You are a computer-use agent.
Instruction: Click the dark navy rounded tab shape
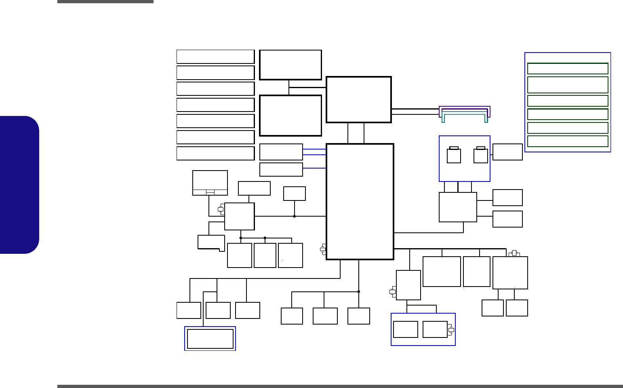(x=19, y=185)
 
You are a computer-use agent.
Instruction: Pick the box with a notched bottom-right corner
(x=211, y=242)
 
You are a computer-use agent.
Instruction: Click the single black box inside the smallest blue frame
(x=210, y=339)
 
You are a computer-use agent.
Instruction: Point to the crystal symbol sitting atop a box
(x=514, y=253)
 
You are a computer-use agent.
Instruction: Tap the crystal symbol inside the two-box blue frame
(x=451, y=330)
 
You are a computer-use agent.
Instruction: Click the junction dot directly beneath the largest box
(x=358, y=291)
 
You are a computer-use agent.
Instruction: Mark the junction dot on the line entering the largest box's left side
(x=294, y=216)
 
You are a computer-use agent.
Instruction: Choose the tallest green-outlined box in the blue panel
(x=568, y=85)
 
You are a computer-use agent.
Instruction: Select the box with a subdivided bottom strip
(x=210, y=183)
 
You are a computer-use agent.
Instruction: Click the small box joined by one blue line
(x=281, y=169)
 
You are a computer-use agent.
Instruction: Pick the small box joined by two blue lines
(x=281, y=152)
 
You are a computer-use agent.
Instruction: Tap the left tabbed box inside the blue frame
(x=454, y=156)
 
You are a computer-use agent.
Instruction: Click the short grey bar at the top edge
(x=105, y=2)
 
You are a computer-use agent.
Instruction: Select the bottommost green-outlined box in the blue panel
(x=568, y=141)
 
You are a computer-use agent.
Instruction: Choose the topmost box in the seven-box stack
(x=215, y=57)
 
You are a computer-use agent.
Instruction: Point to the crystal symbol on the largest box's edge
(x=323, y=249)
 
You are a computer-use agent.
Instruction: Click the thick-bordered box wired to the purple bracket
(x=358, y=99)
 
